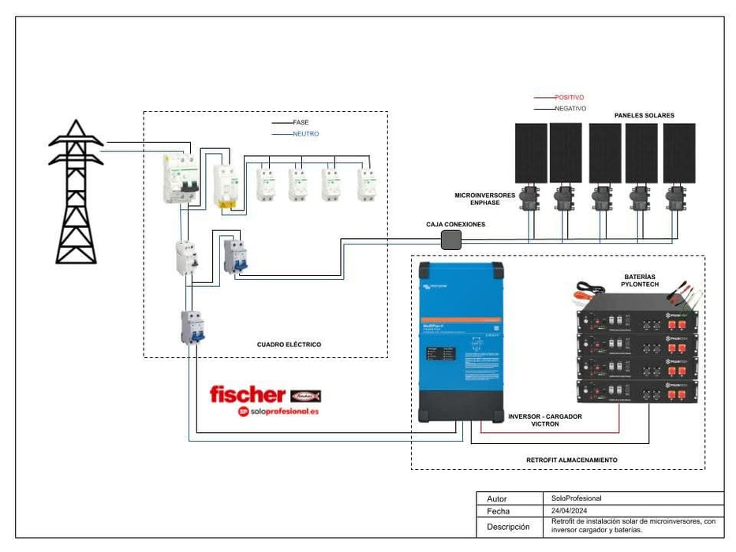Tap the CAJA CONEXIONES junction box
[x=450, y=241]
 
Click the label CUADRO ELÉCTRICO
[x=289, y=345]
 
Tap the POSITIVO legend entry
[x=569, y=98]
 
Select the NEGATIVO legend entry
[x=570, y=109]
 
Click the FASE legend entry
[x=301, y=123]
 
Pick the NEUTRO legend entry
[x=305, y=134]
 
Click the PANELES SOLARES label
[x=644, y=116]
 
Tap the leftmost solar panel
[x=531, y=153]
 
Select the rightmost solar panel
[x=678, y=153]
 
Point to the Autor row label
[x=497, y=498]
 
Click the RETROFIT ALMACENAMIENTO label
[x=571, y=460]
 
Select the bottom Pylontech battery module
[x=637, y=390]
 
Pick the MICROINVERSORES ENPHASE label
[x=484, y=199]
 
